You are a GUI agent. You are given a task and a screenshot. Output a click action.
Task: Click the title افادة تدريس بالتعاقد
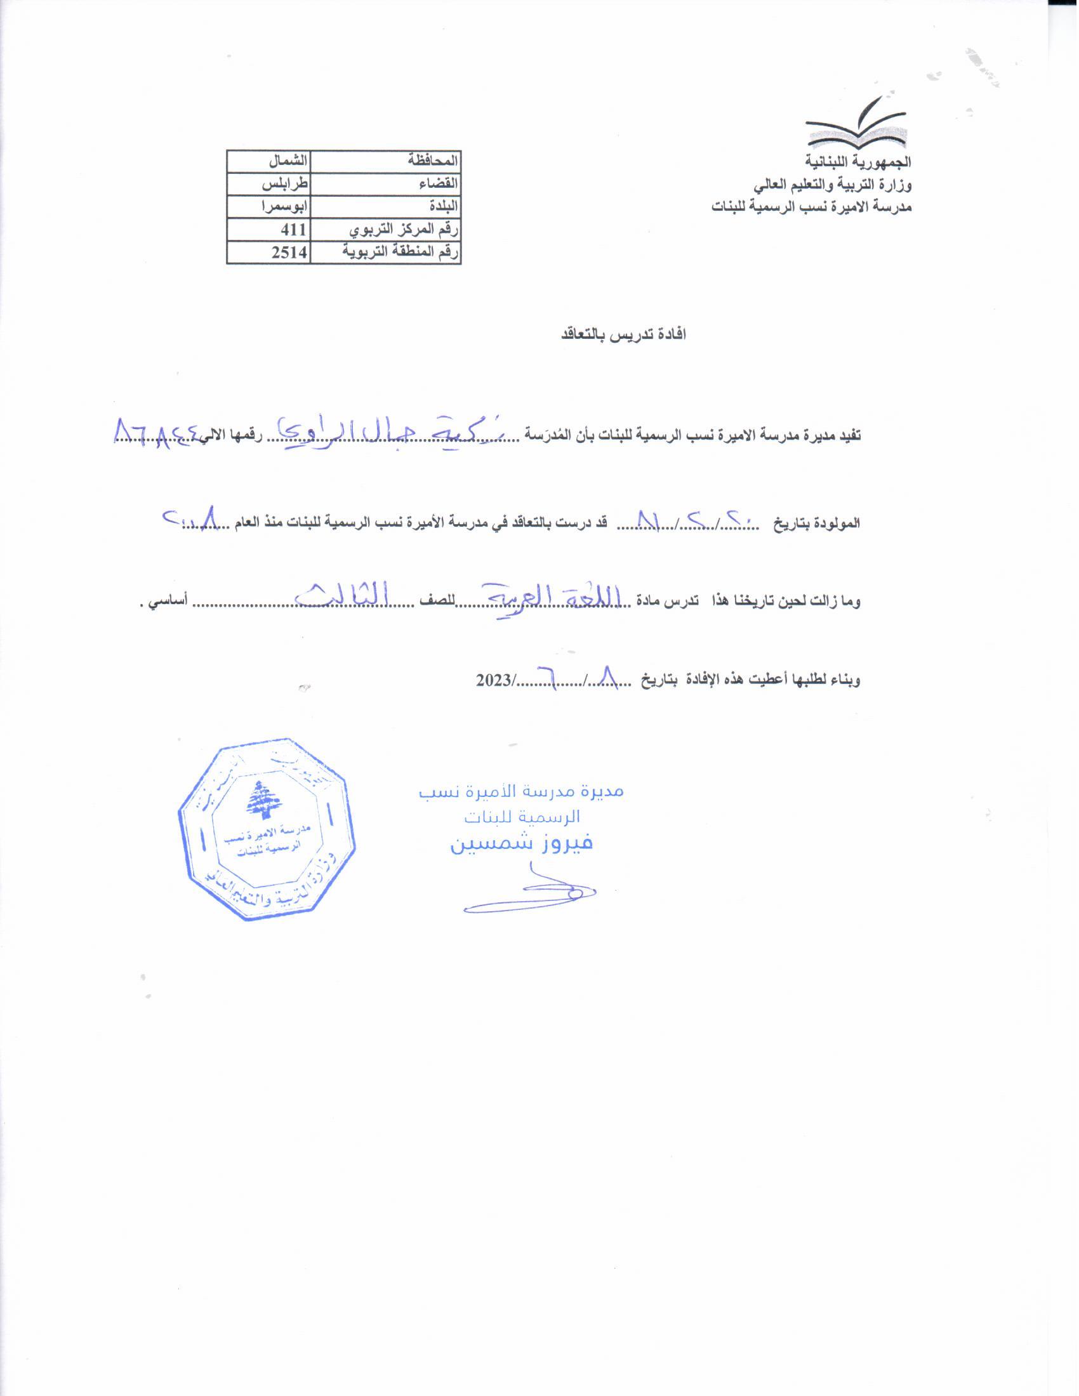click(x=623, y=335)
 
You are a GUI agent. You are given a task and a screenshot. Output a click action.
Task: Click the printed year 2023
click(x=493, y=680)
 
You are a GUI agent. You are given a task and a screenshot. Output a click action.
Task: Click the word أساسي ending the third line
click(x=168, y=602)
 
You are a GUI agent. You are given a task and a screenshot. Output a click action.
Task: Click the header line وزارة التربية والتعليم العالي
click(x=831, y=185)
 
